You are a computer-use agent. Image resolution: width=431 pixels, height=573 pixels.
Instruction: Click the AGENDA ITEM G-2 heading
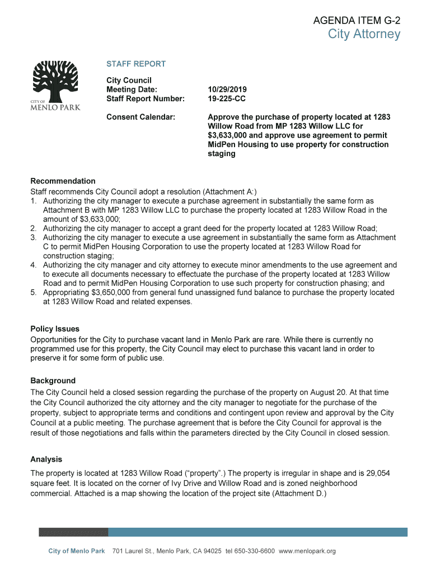click(357, 22)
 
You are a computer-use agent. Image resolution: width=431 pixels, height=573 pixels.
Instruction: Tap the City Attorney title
click(364, 35)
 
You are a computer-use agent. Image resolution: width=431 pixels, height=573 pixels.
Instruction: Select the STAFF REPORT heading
click(136, 64)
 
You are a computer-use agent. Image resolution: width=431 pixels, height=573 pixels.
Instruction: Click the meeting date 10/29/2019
click(227, 90)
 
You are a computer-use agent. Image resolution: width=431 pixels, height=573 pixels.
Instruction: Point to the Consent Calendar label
click(140, 118)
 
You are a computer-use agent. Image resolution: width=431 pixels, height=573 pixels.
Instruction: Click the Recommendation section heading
click(63, 181)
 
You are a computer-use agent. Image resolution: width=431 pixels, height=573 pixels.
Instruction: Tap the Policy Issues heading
click(55, 329)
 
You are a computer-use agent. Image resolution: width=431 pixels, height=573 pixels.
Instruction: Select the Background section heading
click(53, 381)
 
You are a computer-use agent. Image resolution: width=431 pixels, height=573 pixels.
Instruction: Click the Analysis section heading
click(46, 459)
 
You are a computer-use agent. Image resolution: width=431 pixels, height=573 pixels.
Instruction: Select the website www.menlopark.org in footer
click(307, 552)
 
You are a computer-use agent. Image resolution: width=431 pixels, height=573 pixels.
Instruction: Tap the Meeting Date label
click(132, 90)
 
